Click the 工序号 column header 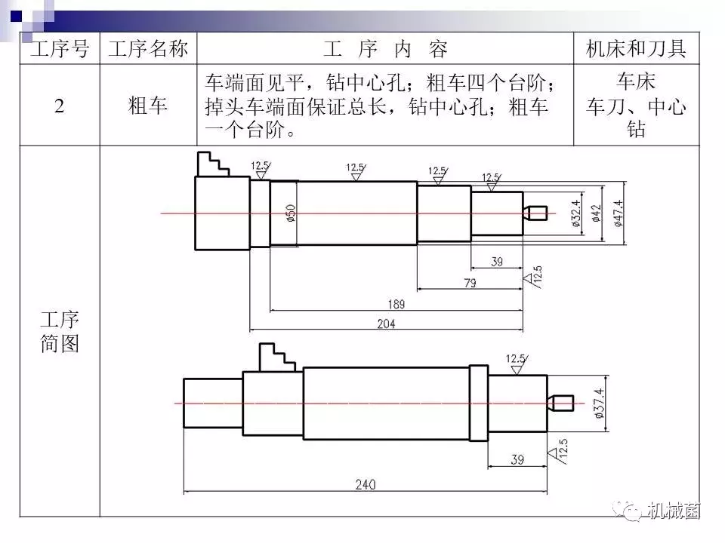(x=60, y=48)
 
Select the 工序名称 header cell (x=148, y=48)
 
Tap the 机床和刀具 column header (x=636, y=48)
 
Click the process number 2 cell (x=59, y=106)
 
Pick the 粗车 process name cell (x=148, y=106)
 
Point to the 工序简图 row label (x=60, y=332)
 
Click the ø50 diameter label (x=291, y=213)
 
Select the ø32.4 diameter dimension (x=575, y=213)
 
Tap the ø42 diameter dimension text (x=597, y=213)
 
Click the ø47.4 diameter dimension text (x=619, y=213)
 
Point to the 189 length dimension (x=396, y=304)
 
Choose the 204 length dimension (x=386, y=324)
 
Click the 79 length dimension (x=470, y=283)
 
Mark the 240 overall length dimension (x=366, y=484)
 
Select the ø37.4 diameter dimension (x=598, y=403)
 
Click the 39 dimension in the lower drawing (x=517, y=459)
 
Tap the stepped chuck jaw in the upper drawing (x=213, y=164)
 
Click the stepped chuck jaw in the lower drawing (x=276, y=357)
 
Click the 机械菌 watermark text (x=674, y=511)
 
